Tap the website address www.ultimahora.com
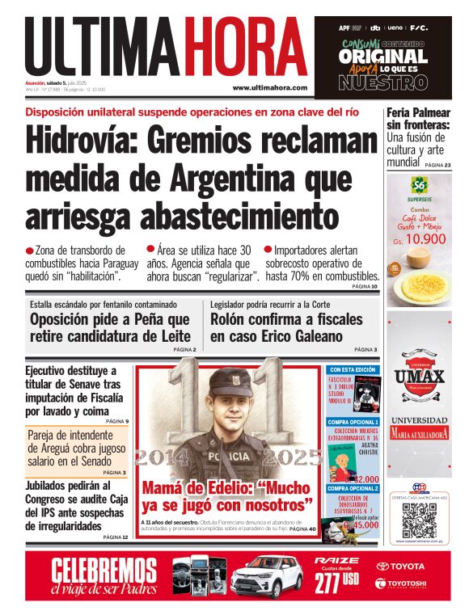[269, 87]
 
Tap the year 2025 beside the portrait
[294, 457]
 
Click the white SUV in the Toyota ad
[266, 577]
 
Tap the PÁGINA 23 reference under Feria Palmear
[437, 165]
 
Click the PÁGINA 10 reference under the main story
[365, 286]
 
